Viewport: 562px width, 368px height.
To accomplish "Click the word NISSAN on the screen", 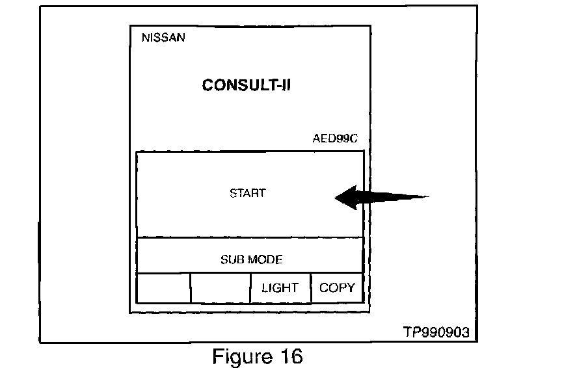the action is (163, 38).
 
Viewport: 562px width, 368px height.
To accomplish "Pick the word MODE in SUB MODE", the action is (265, 259).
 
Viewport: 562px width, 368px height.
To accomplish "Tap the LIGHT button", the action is (280, 287).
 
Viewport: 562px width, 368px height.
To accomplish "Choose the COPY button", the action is (337, 287).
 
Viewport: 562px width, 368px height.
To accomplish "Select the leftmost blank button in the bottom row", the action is (163, 287).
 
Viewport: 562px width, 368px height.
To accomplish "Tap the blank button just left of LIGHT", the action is (221, 287).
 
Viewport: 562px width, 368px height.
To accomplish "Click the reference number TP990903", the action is (435, 332).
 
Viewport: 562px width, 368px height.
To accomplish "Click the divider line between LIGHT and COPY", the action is (311, 287).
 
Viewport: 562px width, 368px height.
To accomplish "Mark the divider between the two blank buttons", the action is (191, 287).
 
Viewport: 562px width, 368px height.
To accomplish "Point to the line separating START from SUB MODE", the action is (249, 237).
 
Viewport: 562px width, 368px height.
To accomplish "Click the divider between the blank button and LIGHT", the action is (250, 287).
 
